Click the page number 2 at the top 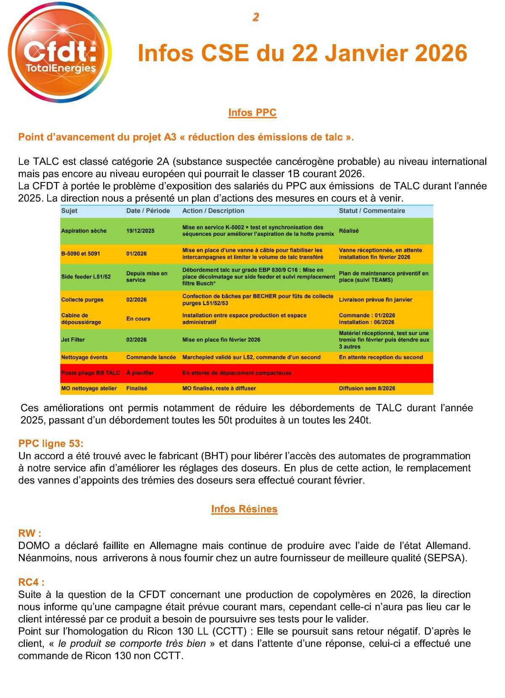[x=255, y=17]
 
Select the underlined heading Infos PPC [x=252, y=112]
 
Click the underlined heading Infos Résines [x=244, y=509]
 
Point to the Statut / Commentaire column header [x=372, y=211]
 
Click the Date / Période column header [x=148, y=211]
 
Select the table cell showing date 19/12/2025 [x=140, y=231]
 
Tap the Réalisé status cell [x=349, y=231]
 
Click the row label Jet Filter [x=73, y=340]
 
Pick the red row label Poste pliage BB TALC [x=90, y=373]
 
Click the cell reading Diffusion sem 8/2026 [x=367, y=388]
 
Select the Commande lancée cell [x=151, y=357]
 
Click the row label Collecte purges [x=82, y=300]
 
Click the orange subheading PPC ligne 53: [x=51, y=443]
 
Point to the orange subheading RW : [x=29, y=533]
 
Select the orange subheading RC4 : [x=31, y=582]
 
